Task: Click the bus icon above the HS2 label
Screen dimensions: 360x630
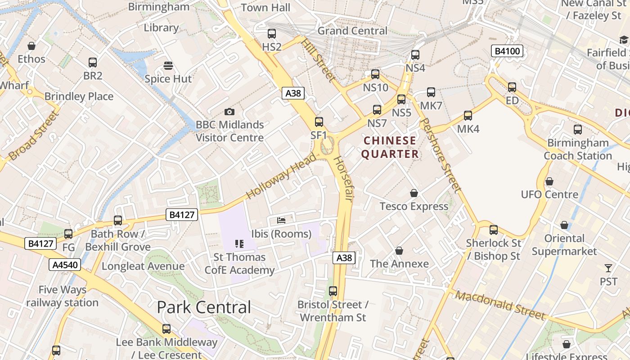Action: pos(271,33)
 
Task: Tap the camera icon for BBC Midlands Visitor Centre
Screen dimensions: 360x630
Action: pos(229,112)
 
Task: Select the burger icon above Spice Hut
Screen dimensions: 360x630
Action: pos(168,66)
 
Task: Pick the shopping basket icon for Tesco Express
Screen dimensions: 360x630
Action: pos(414,193)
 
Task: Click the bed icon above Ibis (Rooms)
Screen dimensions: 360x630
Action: pos(281,220)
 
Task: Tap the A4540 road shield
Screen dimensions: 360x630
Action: pos(65,265)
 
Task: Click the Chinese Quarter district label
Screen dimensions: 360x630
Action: pos(390,147)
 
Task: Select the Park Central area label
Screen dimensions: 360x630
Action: pos(204,307)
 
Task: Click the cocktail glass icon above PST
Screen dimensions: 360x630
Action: pos(608,268)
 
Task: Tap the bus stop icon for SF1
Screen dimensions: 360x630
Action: pos(319,121)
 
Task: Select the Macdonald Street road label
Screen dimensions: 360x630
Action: pos(499,305)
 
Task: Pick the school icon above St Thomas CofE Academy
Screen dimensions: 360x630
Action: pos(239,244)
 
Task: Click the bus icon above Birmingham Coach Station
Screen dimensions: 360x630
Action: pos(578,130)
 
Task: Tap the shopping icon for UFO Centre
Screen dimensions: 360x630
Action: pos(549,181)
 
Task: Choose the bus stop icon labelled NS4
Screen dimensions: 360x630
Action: pos(415,55)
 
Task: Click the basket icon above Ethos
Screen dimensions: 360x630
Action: pos(31,46)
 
